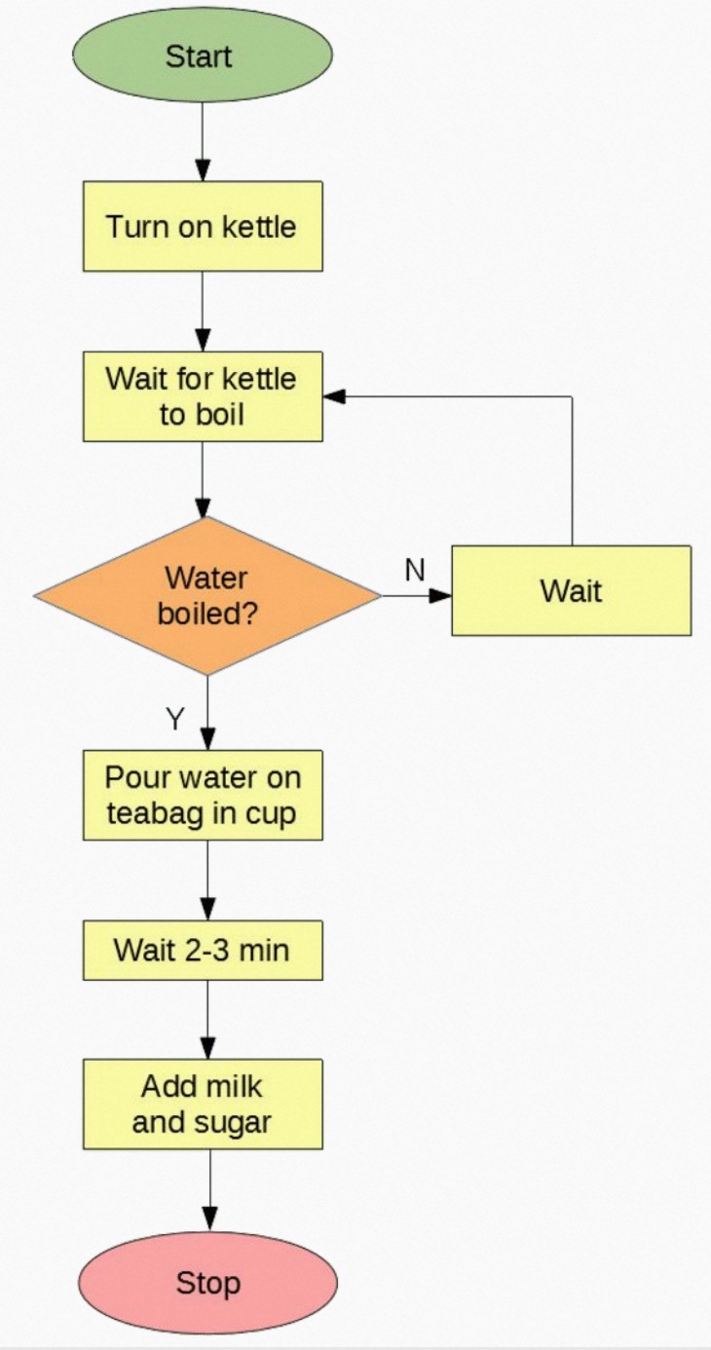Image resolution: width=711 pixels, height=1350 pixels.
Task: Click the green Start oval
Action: pyautogui.click(x=202, y=56)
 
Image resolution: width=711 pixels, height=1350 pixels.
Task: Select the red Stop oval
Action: pyautogui.click(x=207, y=1282)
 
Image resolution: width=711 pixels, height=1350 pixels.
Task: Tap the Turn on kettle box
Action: pyautogui.click(x=202, y=226)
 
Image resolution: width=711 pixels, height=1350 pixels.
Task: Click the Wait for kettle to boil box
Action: pyautogui.click(x=202, y=395)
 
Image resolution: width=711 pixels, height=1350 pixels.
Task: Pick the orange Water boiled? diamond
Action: pyautogui.click(x=206, y=594)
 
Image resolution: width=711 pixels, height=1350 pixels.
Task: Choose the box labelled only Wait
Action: pyautogui.click(x=571, y=590)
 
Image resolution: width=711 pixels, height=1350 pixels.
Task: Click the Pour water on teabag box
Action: pyautogui.click(x=202, y=794)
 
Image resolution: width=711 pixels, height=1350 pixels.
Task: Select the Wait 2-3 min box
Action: pyautogui.click(x=202, y=949)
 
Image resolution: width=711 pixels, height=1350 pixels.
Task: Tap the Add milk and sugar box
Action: pyautogui.click(x=202, y=1104)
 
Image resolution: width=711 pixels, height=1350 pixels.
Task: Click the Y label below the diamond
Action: pyautogui.click(x=174, y=719)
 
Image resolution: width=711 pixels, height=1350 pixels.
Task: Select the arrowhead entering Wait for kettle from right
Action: pyautogui.click(x=335, y=396)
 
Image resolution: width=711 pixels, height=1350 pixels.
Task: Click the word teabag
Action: pyautogui.click(x=161, y=812)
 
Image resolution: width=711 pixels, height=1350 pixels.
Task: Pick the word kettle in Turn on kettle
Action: pyautogui.click(x=258, y=226)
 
